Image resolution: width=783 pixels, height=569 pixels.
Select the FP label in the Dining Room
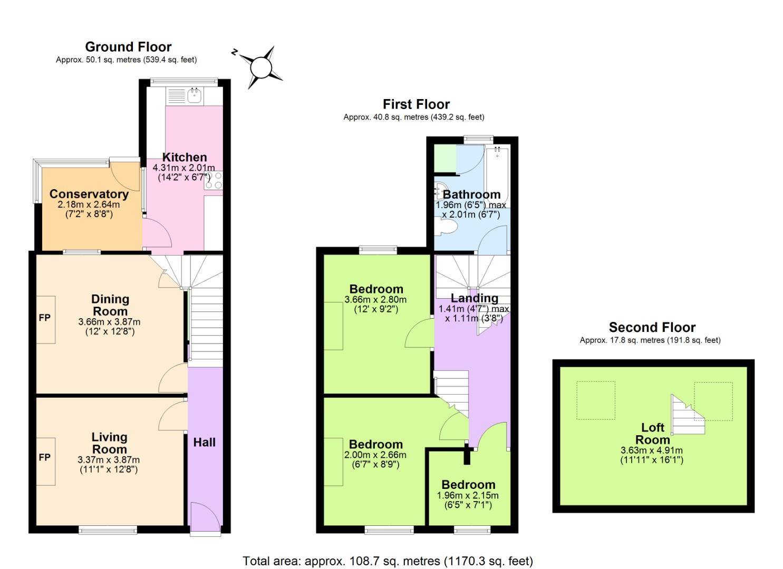(x=45, y=318)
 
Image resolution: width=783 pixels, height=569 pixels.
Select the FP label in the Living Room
(x=45, y=457)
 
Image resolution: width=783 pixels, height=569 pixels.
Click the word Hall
(x=204, y=442)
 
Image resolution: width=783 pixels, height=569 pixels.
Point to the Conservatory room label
(x=89, y=194)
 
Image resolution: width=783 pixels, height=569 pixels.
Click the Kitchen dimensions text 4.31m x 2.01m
(x=183, y=168)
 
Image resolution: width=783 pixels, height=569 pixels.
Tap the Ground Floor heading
(x=128, y=47)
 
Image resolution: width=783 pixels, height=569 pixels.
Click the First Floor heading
(x=416, y=104)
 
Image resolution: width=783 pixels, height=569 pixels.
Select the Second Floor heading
(x=652, y=327)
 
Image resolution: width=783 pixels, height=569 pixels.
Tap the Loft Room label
(x=652, y=434)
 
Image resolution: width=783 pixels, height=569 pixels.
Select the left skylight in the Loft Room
(x=596, y=400)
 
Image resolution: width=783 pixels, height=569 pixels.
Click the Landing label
(x=474, y=298)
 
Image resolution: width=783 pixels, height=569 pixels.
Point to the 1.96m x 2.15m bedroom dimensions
(x=468, y=495)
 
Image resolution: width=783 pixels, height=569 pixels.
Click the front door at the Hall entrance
(x=205, y=519)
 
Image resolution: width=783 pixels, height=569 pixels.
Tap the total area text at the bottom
(x=388, y=561)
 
